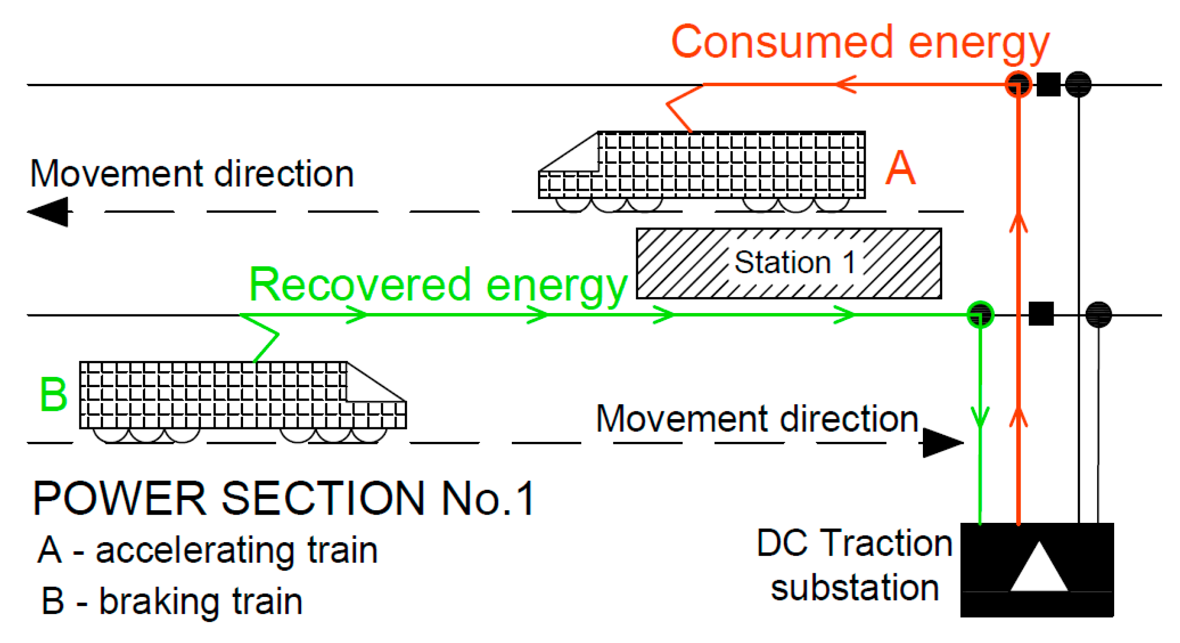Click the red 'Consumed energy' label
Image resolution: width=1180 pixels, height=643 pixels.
[859, 43]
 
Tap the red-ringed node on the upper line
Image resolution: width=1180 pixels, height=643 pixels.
[1018, 85]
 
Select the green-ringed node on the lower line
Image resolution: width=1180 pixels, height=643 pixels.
[980, 315]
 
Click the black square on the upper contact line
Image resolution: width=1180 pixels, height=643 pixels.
[1048, 85]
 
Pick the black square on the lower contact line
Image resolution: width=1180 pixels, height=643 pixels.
[1041, 314]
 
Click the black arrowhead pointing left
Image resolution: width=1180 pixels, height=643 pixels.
[48, 212]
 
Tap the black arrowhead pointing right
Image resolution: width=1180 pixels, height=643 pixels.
[942, 442]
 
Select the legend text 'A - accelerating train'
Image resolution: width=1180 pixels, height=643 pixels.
[208, 550]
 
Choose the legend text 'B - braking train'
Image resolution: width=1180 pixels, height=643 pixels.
[172, 601]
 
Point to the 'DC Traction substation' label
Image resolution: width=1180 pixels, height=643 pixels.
[855, 565]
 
